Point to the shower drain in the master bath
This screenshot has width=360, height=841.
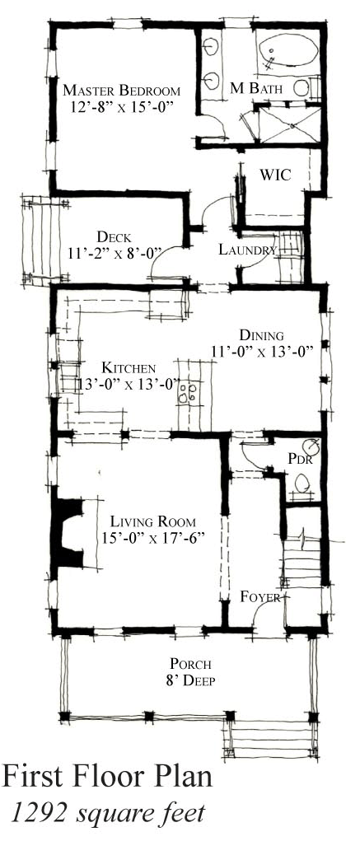(x=291, y=125)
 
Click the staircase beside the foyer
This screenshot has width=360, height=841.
(x=302, y=568)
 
